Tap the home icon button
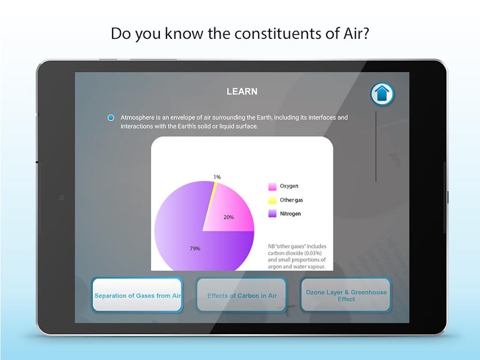[x=382, y=94]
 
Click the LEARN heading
[x=242, y=92]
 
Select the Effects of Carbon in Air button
[x=241, y=295]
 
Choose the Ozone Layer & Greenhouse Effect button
[x=346, y=295]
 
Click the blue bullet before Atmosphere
[x=111, y=118]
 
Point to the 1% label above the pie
[x=217, y=177]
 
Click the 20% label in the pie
[x=228, y=217]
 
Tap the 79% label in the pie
[x=195, y=249]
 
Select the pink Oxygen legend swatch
[x=272, y=186]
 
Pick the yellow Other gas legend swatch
[x=272, y=200]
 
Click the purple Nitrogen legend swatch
[x=272, y=214]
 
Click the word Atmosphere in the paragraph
[x=137, y=118]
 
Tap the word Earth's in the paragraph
[x=187, y=126]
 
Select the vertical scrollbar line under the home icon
[x=376, y=146]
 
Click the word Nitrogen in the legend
[x=290, y=214]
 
